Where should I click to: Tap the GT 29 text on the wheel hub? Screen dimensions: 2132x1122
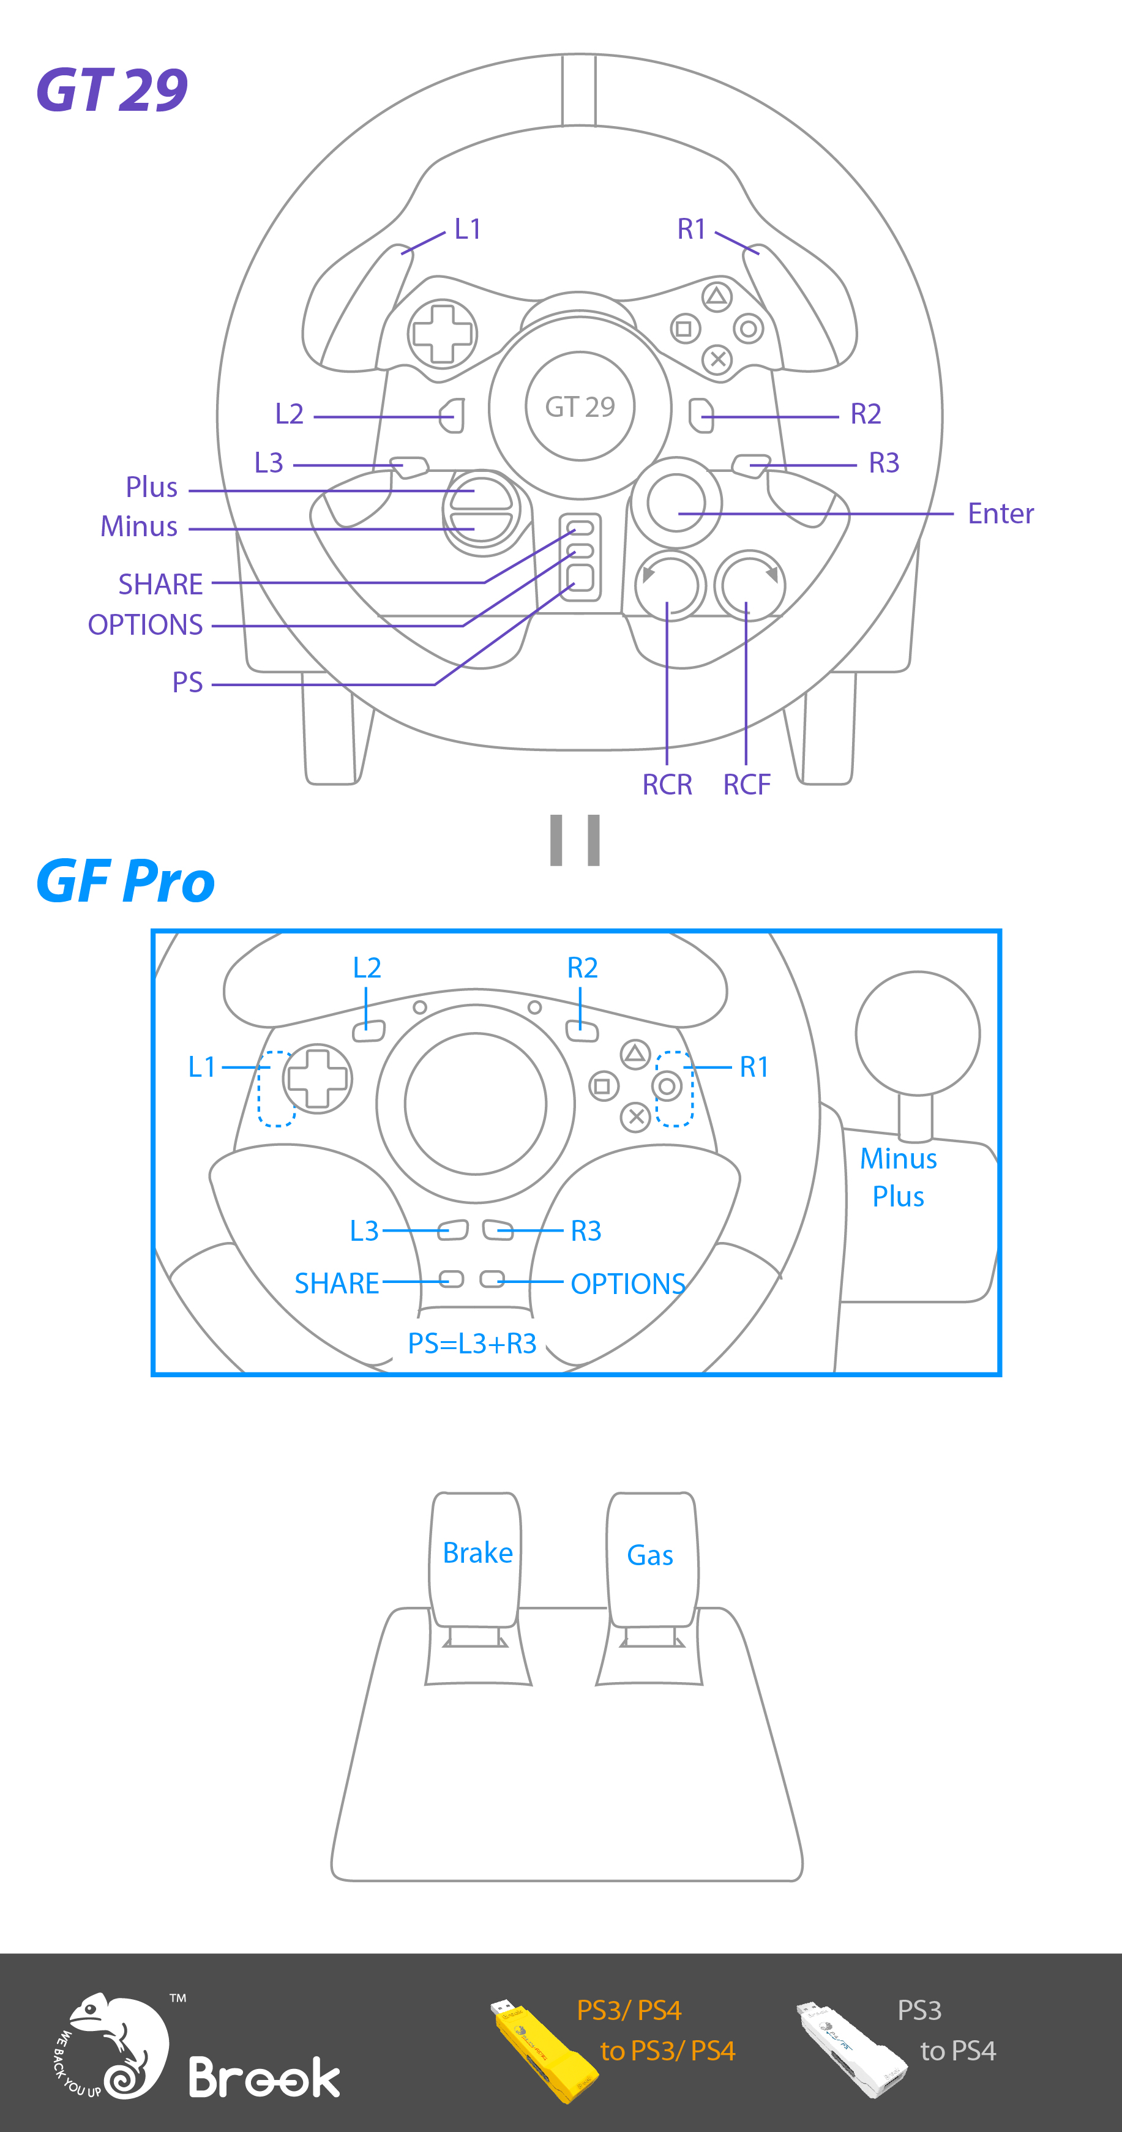580,406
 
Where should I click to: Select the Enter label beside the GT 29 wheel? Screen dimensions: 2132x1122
1000,514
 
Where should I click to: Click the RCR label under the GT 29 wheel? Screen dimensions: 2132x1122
667,784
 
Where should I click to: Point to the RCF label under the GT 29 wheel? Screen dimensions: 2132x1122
746,784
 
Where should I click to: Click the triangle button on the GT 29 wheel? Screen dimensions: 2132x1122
717,296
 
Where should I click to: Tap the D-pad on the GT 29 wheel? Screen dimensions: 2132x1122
443,334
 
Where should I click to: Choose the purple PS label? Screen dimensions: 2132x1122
187,683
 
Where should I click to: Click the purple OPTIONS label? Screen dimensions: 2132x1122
146,625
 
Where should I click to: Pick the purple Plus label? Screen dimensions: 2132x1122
151,487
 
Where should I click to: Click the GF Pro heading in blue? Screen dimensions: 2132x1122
125,881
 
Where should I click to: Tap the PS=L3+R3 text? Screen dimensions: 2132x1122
473,1343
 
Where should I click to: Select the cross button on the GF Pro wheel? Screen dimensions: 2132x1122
635,1116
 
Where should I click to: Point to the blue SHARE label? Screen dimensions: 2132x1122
337,1283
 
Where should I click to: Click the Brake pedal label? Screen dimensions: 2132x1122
477,1553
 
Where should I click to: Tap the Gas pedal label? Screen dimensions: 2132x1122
649,1555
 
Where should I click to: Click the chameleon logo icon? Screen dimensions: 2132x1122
116,2044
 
